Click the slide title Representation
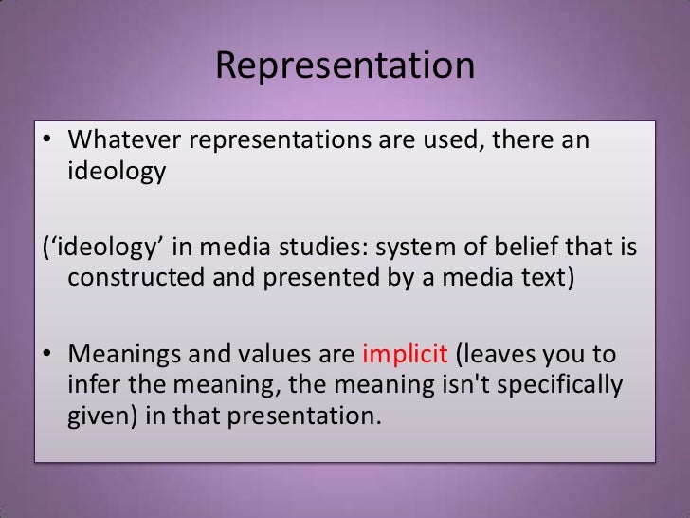344,66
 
